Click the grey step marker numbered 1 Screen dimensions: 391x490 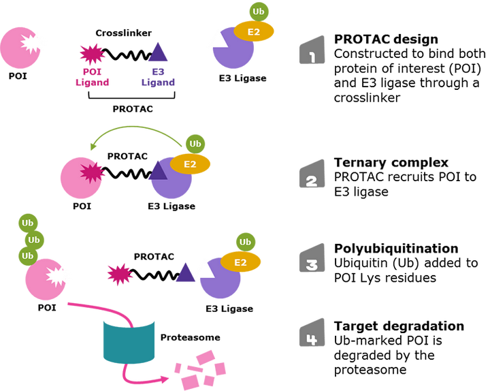click(x=312, y=50)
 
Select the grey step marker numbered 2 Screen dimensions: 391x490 click(x=312, y=174)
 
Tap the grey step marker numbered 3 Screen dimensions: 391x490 click(x=312, y=258)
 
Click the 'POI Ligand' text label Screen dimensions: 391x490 click(x=92, y=77)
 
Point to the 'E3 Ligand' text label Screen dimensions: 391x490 click(x=158, y=77)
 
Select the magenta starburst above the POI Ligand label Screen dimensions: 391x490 click(x=92, y=52)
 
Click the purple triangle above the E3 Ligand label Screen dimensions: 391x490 click(x=158, y=53)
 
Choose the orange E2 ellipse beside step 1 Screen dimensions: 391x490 click(x=254, y=31)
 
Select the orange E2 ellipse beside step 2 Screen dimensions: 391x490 click(x=191, y=163)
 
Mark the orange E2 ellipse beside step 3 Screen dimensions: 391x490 click(x=240, y=262)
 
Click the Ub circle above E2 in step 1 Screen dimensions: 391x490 click(x=259, y=12)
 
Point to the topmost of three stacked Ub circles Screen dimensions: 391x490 click(x=28, y=223)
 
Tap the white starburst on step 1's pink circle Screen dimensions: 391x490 click(x=33, y=43)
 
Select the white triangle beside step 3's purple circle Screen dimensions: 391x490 click(x=205, y=269)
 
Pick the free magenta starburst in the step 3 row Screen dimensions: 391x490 click(x=120, y=275)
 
